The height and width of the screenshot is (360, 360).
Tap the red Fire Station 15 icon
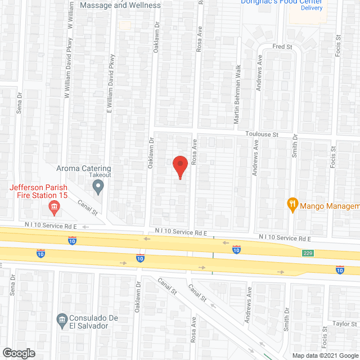point(55,209)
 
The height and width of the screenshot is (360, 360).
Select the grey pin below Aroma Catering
point(99,187)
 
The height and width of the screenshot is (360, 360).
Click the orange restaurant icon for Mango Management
point(292,203)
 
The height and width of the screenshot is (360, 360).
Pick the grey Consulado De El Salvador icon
point(62,321)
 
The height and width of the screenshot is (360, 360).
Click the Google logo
point(18,353)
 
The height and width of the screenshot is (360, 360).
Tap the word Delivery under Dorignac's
point(311,8)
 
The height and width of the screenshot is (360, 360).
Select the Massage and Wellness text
point(120,5)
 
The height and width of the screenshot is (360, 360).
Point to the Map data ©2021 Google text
point(324,355)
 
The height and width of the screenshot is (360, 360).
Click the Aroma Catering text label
point(84,168)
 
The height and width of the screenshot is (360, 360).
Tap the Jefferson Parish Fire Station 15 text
point(38,191)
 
